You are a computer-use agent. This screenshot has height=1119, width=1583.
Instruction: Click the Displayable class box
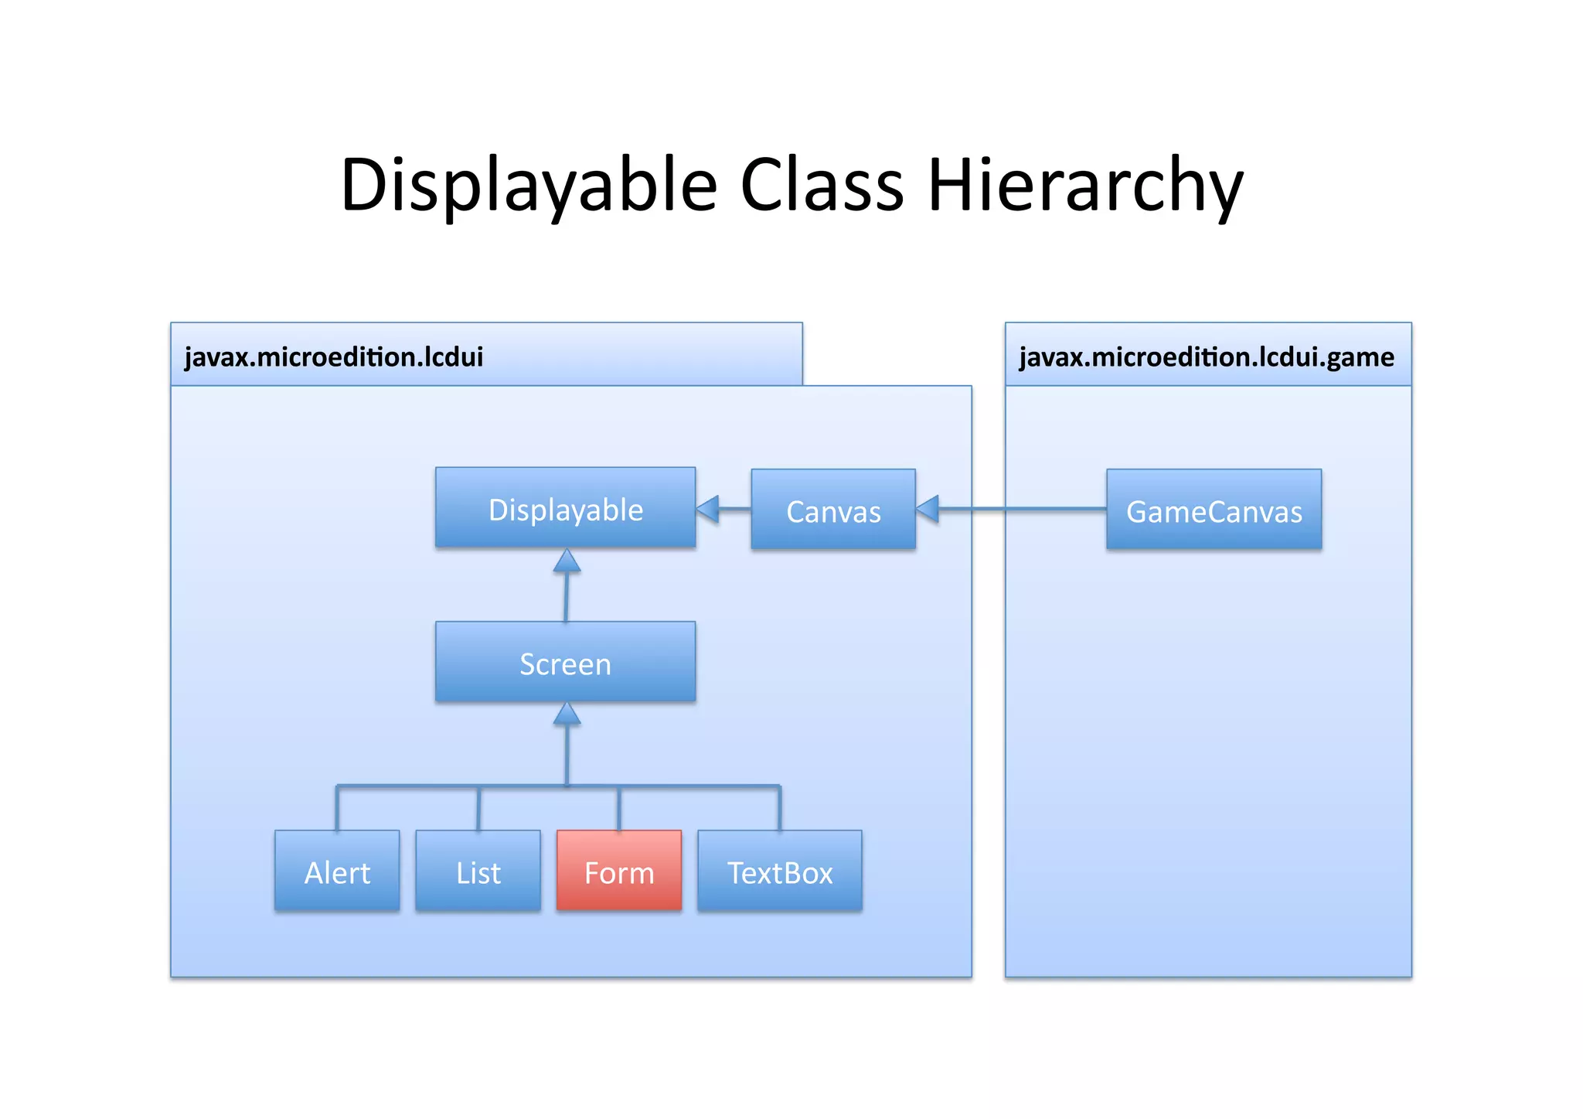[x=565, y=508]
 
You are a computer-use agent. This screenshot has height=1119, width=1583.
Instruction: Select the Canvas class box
[x=832, y=510]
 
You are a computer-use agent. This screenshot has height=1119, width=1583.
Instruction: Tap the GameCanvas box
[x=1213, y=510]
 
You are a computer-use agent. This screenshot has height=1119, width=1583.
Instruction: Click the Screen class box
[x=565, y=662]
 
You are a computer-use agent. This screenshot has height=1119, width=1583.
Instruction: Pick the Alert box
[x=337, y=871]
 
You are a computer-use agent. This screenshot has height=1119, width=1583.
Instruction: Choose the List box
[x=478, y=871]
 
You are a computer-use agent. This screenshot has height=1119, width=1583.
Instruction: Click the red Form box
[x=618, y=871]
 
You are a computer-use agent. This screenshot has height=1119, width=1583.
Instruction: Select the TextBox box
[x=779, y=871]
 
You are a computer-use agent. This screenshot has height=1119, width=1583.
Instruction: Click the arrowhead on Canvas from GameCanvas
[x=928, y=509]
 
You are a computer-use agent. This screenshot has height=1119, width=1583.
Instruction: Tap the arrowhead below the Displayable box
[x=567, y=561]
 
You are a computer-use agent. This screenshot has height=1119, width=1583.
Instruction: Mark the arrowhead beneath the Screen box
[x=567, y=715]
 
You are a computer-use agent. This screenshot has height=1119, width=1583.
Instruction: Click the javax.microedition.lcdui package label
[x=334, y=357]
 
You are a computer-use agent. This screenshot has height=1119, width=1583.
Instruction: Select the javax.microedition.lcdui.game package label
[x=1206, y=357]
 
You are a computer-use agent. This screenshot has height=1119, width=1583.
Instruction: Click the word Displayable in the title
[x=529, y=186]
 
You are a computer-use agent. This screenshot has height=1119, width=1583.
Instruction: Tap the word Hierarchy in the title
[x=1085, y=186]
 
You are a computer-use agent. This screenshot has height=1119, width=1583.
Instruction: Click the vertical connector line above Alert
[x=337, y=809]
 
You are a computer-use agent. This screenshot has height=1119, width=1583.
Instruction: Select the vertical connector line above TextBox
[x=779, y=809]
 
